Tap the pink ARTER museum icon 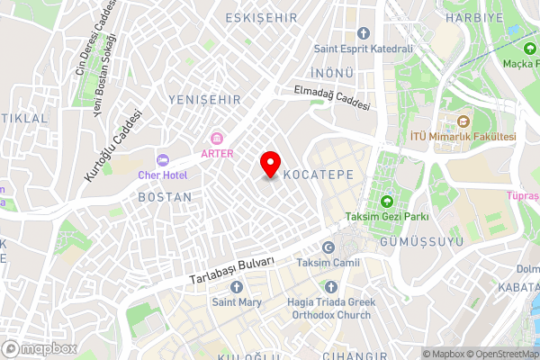pos(217,138)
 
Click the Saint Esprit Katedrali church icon pos(363,33)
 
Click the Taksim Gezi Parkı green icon pos(387,201)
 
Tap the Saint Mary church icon pos(237,287)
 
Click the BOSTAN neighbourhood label pos(165,196)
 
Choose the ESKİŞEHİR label pos(263,17)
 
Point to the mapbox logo pos(39,348)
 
